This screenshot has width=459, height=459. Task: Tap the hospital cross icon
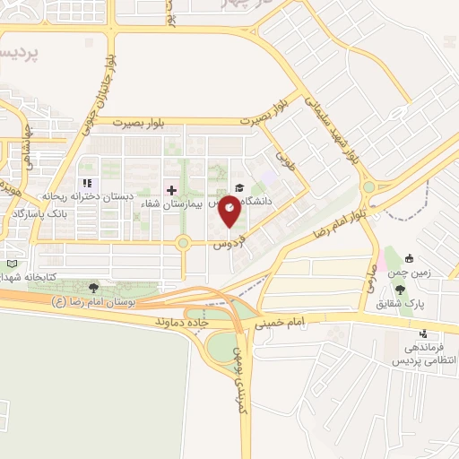tap(172, 190)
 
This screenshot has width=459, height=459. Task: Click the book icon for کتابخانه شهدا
tap(11, 265)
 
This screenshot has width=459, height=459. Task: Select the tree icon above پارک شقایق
tap(400, 289)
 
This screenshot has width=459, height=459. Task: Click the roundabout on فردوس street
tap(184, 242)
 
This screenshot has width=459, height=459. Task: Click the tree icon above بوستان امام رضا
tap(93, 287)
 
